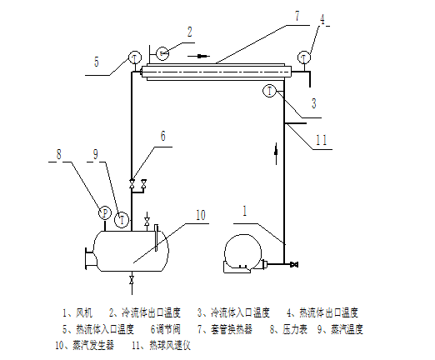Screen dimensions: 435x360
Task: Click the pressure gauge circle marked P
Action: pos(105,213)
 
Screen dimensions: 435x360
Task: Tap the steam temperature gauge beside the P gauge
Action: pos(122,220)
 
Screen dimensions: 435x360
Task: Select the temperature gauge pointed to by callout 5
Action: pos(135,58)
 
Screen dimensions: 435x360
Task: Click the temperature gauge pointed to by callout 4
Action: pos(304,57)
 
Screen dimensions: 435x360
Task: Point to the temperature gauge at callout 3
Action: pos(269,91)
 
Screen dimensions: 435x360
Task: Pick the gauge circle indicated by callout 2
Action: pos(162,53)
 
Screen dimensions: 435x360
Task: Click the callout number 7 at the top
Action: pos(297,17)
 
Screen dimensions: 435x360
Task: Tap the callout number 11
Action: pos(322,140)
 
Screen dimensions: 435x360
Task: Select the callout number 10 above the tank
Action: pos(201,215)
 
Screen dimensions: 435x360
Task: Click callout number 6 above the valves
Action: pos(162,136)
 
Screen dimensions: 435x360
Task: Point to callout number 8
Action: pos(58,154)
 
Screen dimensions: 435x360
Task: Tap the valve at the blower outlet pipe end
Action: pos(294,264)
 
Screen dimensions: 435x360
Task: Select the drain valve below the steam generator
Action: pos(132,280)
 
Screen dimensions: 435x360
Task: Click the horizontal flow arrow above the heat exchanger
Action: pos(198,57)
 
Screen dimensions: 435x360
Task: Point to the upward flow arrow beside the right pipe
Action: pos(276,153)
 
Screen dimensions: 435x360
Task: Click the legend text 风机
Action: pos(84,313)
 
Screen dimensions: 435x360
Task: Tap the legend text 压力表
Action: pos(295,329)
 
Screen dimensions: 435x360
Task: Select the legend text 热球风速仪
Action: pos(170,346)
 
